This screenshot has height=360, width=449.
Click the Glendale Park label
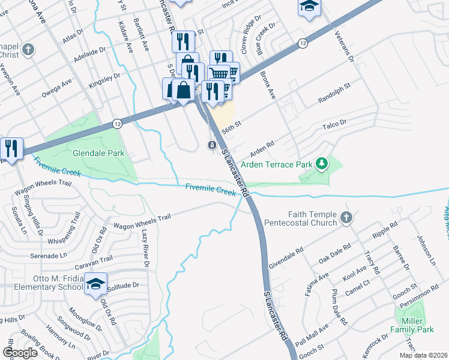pos(98,153)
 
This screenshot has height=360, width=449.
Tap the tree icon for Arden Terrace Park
pos(322,163)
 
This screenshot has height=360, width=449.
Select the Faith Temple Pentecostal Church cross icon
pos(346,218)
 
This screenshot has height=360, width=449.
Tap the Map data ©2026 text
pos(423,355)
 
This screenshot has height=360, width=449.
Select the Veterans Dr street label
pos(345,48)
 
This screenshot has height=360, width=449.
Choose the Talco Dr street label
pos(335,124)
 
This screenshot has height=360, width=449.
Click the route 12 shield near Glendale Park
pos(118,123)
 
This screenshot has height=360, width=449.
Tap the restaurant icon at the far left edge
pos(11,147)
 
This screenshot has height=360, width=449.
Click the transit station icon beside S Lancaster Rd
pos(212,145)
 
